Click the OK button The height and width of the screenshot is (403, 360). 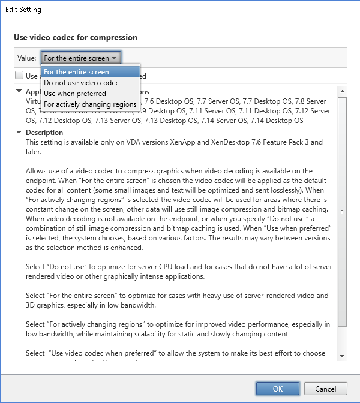click(x=277, y=389)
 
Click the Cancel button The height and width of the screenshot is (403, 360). click(x=325, y=389)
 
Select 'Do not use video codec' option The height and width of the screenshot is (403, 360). click(x=81, y=83)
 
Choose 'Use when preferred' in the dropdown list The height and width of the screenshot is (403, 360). click(x=74, y=94)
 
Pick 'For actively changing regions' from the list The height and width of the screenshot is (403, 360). click(x=90, y=104)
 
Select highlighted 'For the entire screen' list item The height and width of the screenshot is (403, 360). click(x=76, y=72)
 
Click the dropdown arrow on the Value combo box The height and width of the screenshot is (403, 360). click(x=115, y=58)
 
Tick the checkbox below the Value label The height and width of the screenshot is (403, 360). click(x=19, y=76)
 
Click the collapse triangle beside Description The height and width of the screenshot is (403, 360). click(x=19, y=133)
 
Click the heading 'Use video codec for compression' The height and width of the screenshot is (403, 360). click(x=76, y=37)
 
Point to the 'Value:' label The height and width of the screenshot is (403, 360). click(x=27, y=58)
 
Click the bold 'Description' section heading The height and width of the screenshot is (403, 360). click(x=44, y=133)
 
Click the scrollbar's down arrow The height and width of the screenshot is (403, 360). click(x=342, y=356)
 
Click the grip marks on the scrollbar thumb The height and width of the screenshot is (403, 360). click(x=342, y=212)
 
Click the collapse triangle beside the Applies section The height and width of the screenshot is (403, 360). click(x=19, y=92)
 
